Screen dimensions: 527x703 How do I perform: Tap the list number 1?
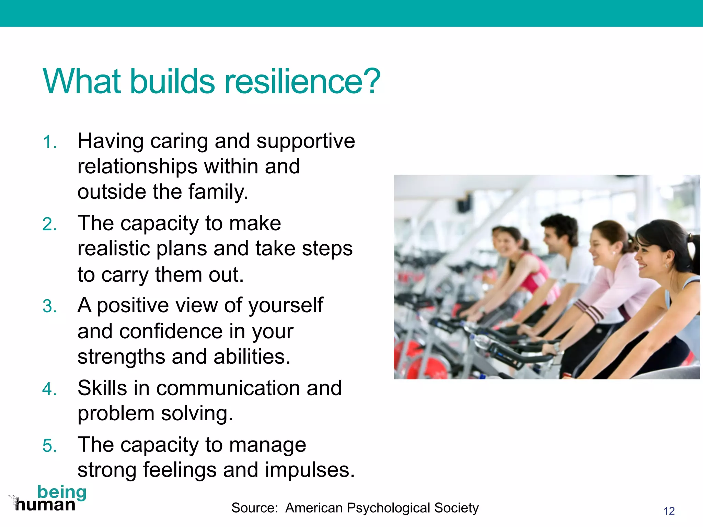(49, 142)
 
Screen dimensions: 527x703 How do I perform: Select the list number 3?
(49, 306)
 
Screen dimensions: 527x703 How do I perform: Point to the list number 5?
(49, 446)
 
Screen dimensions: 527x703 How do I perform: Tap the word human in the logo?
(46, 505)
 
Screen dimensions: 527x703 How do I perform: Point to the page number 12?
(669, 511)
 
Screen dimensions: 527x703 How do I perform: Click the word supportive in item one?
(306, 141)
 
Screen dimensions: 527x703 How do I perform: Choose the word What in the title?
(82, 82)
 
